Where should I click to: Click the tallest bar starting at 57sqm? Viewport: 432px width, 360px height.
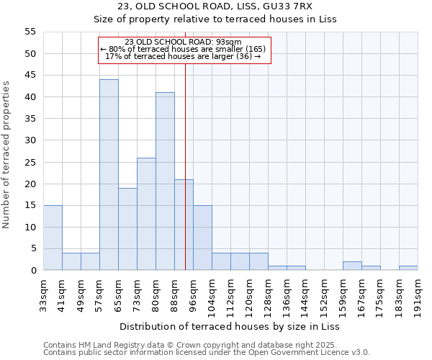(x=109, y=175)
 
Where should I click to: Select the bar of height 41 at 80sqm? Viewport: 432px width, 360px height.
(x=165, y=181)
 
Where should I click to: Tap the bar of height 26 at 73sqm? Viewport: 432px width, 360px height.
(x=146, y=214)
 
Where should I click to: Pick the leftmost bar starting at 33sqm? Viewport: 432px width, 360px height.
(x=53, y=238)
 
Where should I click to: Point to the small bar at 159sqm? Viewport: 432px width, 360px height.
(x=352, y=266)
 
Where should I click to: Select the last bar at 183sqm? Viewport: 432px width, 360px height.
(x=408, y=268)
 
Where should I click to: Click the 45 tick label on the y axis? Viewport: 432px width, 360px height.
(x=30, y=76)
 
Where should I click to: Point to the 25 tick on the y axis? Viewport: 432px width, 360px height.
(x=30, y=162)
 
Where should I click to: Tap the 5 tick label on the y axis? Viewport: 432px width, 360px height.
(x=33, y=249)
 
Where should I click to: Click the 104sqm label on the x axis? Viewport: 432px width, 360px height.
(x=212, y=296)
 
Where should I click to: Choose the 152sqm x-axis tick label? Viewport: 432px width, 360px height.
(x=325, y=296)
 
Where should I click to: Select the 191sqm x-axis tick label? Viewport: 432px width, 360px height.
(x=418, y=296)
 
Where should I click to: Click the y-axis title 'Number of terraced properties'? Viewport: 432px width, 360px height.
(x=7, y=155)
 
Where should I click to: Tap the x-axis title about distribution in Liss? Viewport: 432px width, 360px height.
(x=230, y=326)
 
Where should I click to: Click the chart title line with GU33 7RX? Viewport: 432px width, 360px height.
(x=215, y=7)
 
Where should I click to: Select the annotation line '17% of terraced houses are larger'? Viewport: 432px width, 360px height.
(x=183, y=56)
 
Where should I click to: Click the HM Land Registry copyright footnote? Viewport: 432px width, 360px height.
(x=205, y=345)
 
